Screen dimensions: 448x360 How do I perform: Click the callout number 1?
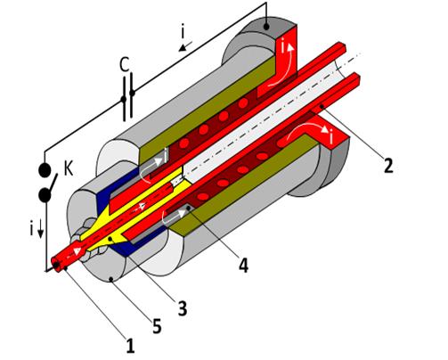(130, 347)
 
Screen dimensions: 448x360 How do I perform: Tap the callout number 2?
(388, 165)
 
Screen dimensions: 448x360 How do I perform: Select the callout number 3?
(183, 308)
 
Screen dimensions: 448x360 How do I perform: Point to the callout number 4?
(243, 266)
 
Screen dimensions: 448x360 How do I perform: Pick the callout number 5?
(157, 326)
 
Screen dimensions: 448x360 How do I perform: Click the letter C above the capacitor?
(125, 65)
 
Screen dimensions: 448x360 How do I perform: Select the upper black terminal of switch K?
(45, 170)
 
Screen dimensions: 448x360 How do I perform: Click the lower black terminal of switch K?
(45, 195)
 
